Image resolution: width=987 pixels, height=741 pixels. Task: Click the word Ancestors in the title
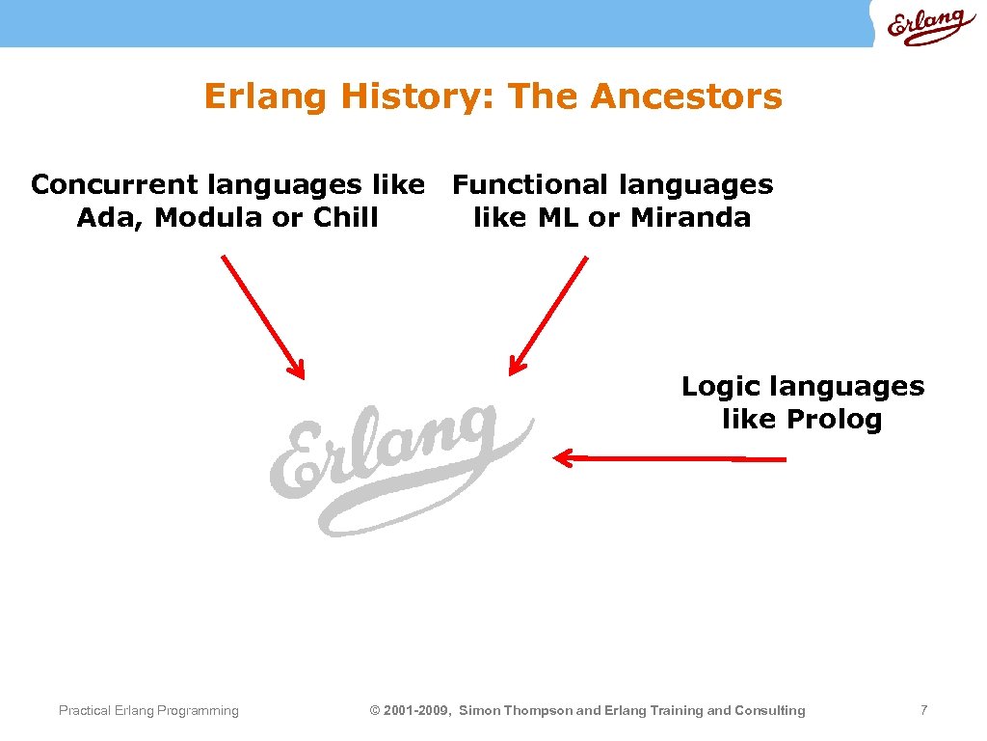(685, 96)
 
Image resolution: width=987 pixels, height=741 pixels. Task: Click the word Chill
(345, 218)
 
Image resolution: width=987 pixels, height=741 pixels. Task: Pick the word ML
(558, 218)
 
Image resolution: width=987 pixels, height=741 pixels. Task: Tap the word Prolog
(834, 421)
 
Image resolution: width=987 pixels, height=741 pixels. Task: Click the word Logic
(714, 388)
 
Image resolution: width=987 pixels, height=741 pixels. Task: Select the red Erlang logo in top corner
(925, 26)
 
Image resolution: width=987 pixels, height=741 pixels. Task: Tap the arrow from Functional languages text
(548, 315)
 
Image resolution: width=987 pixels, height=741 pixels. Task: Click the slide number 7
(923, 710)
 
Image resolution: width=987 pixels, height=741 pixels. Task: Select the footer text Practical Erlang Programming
(148, 711)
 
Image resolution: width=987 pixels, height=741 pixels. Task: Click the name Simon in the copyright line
(479, 711)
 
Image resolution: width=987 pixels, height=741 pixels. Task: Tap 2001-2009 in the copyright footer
(416, 711)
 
